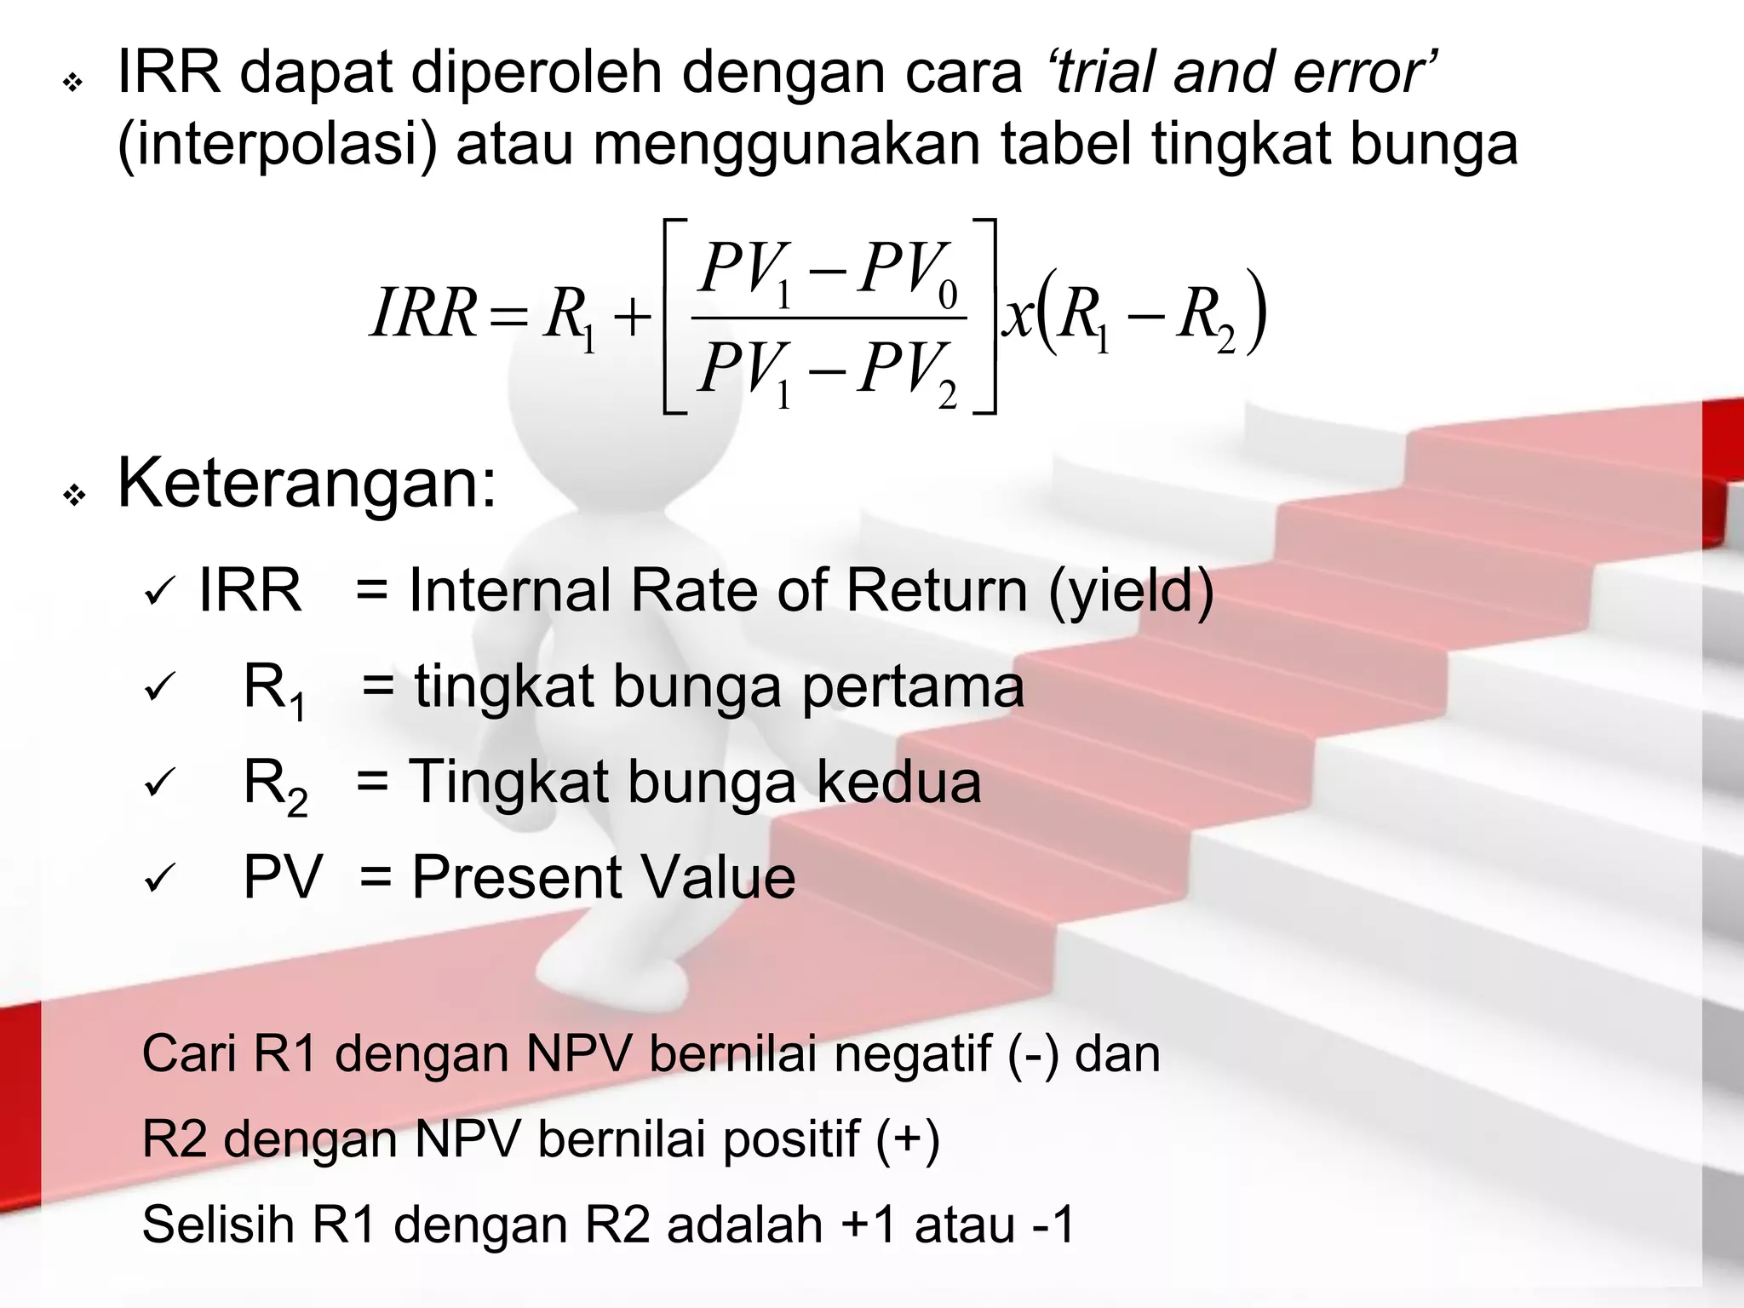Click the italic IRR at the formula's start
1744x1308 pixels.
pos(423,314)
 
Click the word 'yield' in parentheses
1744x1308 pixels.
pos(1131,590)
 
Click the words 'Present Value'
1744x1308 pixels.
pos(604,877)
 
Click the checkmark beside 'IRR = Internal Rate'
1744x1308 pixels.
pos(159,592)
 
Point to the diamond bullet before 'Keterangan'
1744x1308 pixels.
pos(75,495)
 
